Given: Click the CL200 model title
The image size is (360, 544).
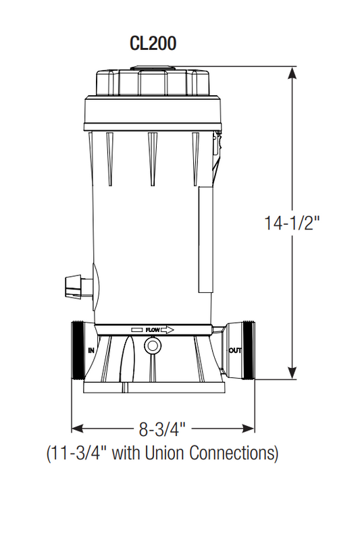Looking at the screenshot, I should (x=153, y=43).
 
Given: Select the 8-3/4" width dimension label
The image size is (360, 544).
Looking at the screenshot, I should (x=163, y=428).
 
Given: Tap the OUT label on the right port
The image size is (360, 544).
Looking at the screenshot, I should (x=235, y=350).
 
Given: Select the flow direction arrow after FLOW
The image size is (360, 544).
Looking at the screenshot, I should (x=169, y=330).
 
